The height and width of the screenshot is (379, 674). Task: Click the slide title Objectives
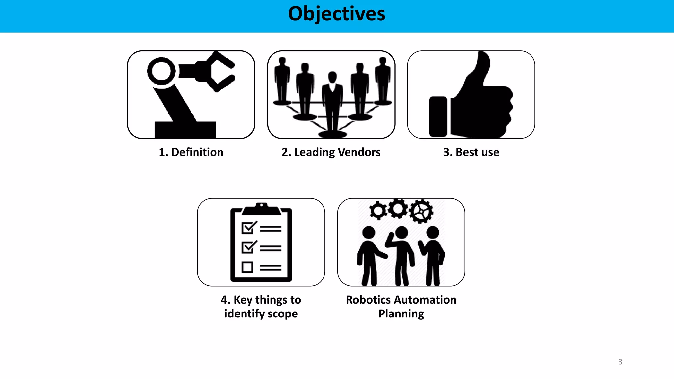(x=336, y=14)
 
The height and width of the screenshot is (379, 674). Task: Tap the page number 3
(x=620, y=362)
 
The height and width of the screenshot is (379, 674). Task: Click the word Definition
(x=197, y=152)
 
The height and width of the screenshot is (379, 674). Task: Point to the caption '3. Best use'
(x=471, y=152)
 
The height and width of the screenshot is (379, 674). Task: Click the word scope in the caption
(x=282, y=314)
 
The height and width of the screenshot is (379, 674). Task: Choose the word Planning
(x=401, y=314)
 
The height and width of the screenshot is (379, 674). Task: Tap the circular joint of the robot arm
(x=161, y=71)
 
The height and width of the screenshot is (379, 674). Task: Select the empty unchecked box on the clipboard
(x=247, y=267)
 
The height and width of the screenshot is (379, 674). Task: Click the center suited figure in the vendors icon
(x=332, y=99)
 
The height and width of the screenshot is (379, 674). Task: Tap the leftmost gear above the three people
(x=378, y=210)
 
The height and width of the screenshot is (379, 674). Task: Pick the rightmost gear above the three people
(x=422, y=211)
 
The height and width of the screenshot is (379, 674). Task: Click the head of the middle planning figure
(x=402, y=232)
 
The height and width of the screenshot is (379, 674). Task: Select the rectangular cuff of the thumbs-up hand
(x=438, y=116)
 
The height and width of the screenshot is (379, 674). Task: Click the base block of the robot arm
(x=185, y=130)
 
